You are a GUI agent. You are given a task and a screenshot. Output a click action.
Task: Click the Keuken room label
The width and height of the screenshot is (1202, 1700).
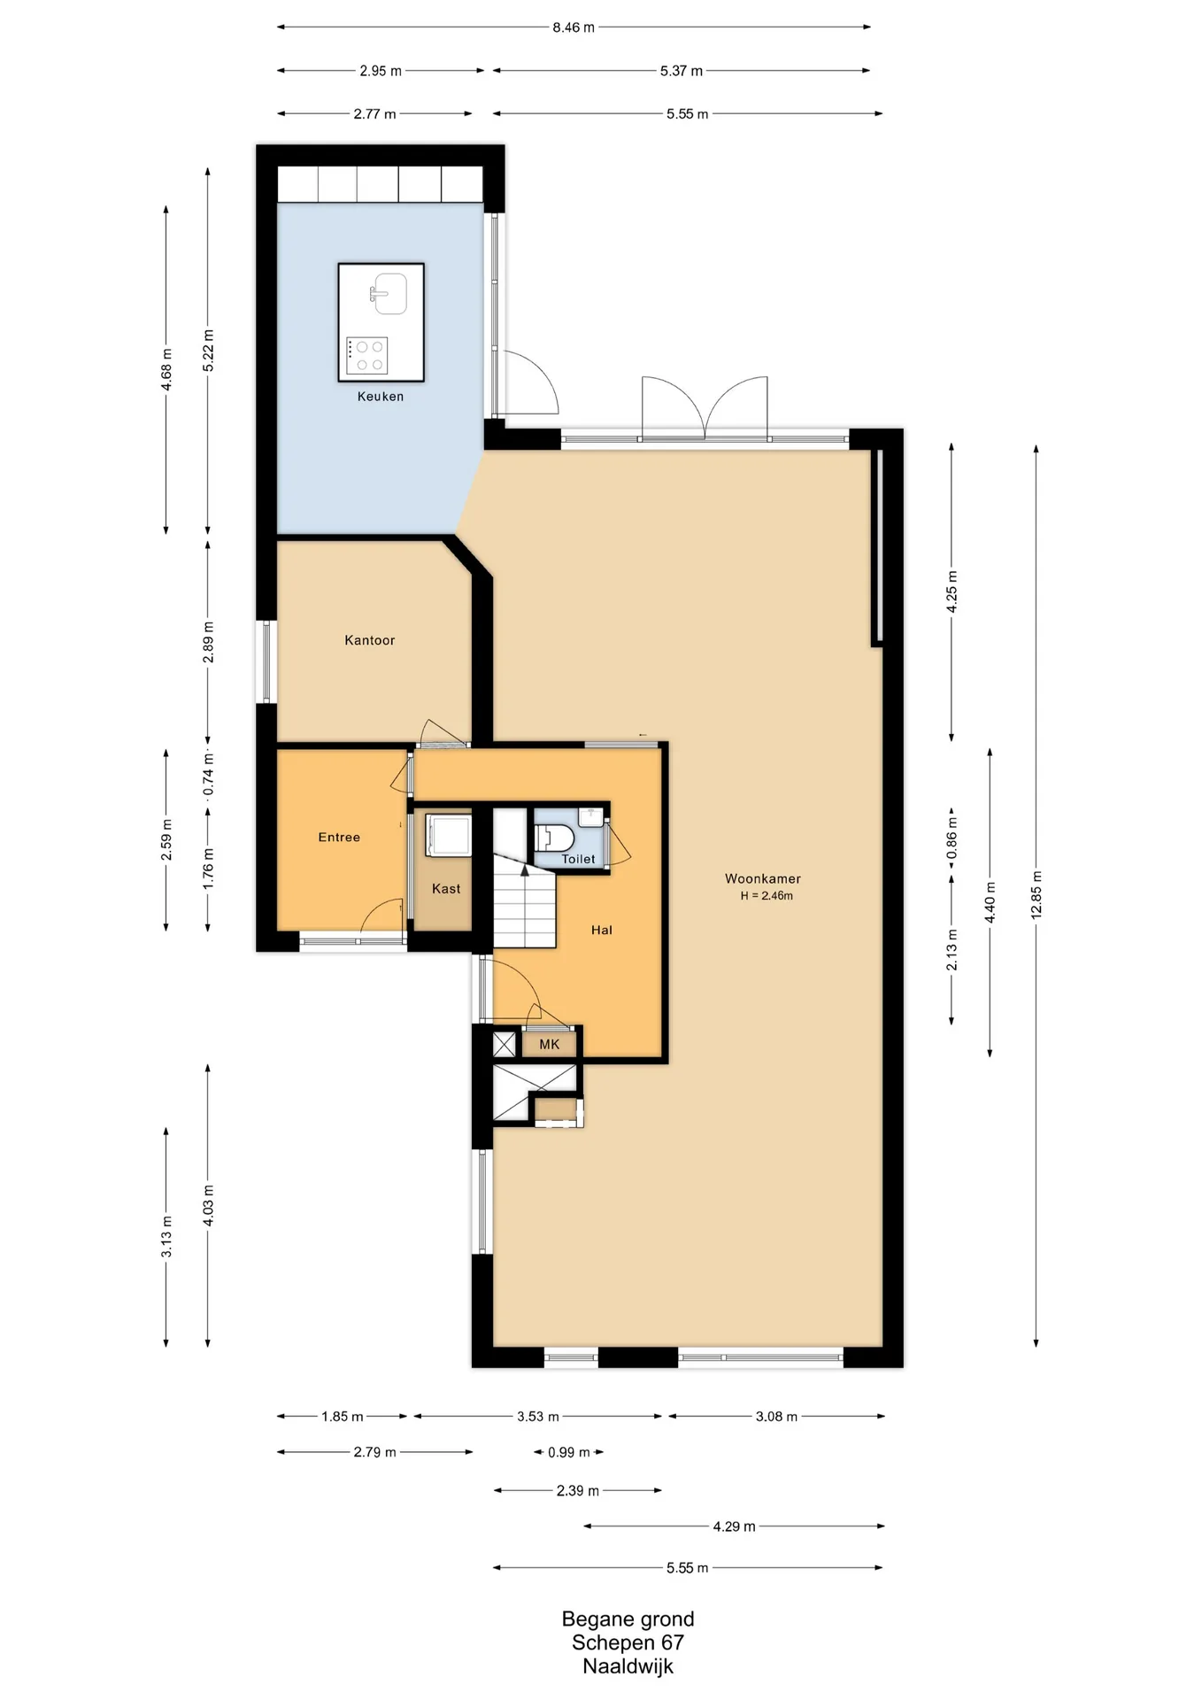click(381, 397)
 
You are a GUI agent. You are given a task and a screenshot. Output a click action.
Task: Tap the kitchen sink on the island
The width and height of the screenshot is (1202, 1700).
click(388, 293)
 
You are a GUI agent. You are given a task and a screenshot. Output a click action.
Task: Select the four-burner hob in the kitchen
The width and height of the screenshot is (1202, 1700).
click(367, 356)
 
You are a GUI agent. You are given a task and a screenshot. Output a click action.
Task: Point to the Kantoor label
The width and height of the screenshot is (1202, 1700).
click(370, 640)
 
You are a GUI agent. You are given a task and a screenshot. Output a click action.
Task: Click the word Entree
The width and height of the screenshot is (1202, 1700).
click(339, 837)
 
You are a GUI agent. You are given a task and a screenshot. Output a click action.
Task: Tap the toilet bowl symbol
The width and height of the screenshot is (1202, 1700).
click(555, 838)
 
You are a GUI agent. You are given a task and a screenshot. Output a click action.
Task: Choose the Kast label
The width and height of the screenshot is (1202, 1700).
click(446, 889)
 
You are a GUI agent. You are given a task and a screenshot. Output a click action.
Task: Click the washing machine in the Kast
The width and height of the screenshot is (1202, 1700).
click(448, 835)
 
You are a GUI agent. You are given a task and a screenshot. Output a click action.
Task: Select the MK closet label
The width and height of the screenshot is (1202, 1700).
click(550, 1045)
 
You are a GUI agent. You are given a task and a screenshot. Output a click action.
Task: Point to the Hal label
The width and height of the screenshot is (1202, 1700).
click(602, 930)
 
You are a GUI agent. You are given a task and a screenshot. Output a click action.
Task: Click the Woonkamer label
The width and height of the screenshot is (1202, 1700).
click(763, 878)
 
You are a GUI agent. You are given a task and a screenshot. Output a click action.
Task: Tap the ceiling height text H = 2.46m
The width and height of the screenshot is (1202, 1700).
click(767, 895)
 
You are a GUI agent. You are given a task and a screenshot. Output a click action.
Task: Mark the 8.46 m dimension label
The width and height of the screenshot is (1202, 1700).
click(574, 27)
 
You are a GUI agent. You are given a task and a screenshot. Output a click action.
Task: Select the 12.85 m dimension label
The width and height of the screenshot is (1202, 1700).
click(1036, 895)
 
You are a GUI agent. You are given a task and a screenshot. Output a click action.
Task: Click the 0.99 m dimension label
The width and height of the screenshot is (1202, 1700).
click(569, 1452)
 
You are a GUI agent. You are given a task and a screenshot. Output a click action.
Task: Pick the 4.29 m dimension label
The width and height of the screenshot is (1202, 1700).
click(735, 1526)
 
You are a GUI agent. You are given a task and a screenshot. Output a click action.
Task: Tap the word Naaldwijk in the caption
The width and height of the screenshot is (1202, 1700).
click(628, 1666)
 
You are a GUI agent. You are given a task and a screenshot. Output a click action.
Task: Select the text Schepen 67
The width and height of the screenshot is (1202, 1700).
click(628, 1642)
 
